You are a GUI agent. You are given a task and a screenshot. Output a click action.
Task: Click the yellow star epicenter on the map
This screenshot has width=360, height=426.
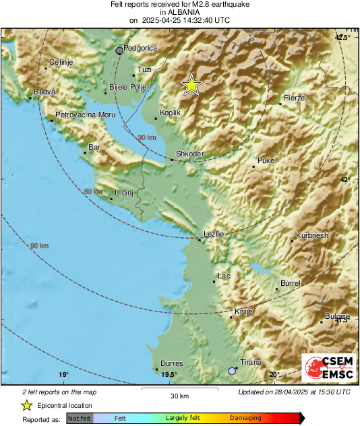[191, 85]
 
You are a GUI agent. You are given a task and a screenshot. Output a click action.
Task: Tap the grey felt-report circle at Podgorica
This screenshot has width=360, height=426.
[120, 50]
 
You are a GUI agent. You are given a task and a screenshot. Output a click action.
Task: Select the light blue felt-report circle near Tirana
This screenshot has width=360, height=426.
[232, 371]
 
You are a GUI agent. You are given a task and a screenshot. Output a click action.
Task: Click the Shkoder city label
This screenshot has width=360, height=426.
[189, 154]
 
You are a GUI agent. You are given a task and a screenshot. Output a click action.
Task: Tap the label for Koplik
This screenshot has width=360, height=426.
[170, 113]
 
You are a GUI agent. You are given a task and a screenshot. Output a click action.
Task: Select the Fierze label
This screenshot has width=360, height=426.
[295, 98]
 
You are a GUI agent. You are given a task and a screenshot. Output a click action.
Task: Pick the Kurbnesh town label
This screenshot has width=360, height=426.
[312, 236]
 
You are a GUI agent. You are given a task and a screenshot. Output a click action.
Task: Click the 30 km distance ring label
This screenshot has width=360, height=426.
[146, 138]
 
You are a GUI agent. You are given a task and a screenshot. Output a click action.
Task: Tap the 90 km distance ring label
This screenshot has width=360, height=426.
[39, 246]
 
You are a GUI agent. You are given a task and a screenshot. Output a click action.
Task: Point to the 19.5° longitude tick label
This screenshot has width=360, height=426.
[169, 375]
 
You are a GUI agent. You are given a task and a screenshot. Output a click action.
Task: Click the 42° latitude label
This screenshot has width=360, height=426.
[345, 180]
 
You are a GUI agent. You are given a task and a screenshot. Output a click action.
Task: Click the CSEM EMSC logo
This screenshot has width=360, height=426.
[326, 368]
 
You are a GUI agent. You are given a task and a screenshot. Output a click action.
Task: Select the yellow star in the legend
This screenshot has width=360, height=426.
[26, 405]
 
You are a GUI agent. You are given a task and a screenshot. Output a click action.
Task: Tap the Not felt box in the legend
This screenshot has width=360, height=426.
[80, 418]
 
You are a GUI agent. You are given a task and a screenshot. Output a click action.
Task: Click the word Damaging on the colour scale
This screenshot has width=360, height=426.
[245, 418]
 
